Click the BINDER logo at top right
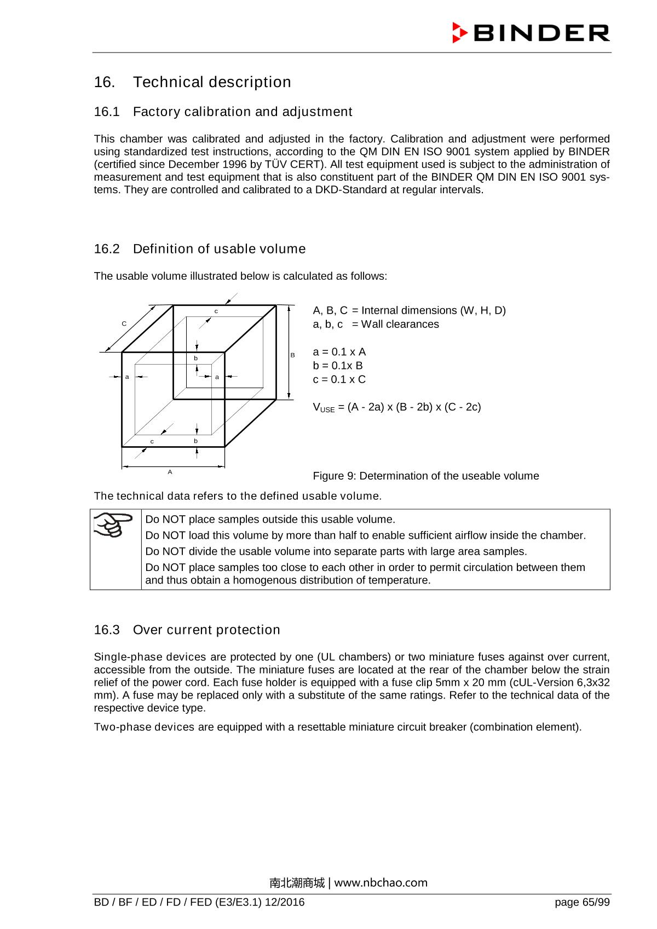click(x=531, y=33)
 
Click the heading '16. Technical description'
click(x=192, y=82)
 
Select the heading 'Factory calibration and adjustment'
click(x=242, y=112)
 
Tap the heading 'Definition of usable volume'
click(x=219, y=249)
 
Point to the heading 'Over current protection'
click(x=206, y=630)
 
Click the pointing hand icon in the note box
click(x=113, y=524)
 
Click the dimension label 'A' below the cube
click(x=170, y=472)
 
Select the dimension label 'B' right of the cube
click(x=293, y=355)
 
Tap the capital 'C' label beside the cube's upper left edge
click(x=124, y=324)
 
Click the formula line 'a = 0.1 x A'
click(x=339, y=352)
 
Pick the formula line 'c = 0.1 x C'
click(x=339, y=379)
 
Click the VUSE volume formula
click(x=396, y=407)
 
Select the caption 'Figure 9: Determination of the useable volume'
click(x=425, y=476)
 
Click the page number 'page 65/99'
click(x=581, y=902)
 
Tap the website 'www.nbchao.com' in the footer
click(x=381, y=882)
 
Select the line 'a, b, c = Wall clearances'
click(x=376, y=324)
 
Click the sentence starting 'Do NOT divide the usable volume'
click(x=336, y=551)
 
